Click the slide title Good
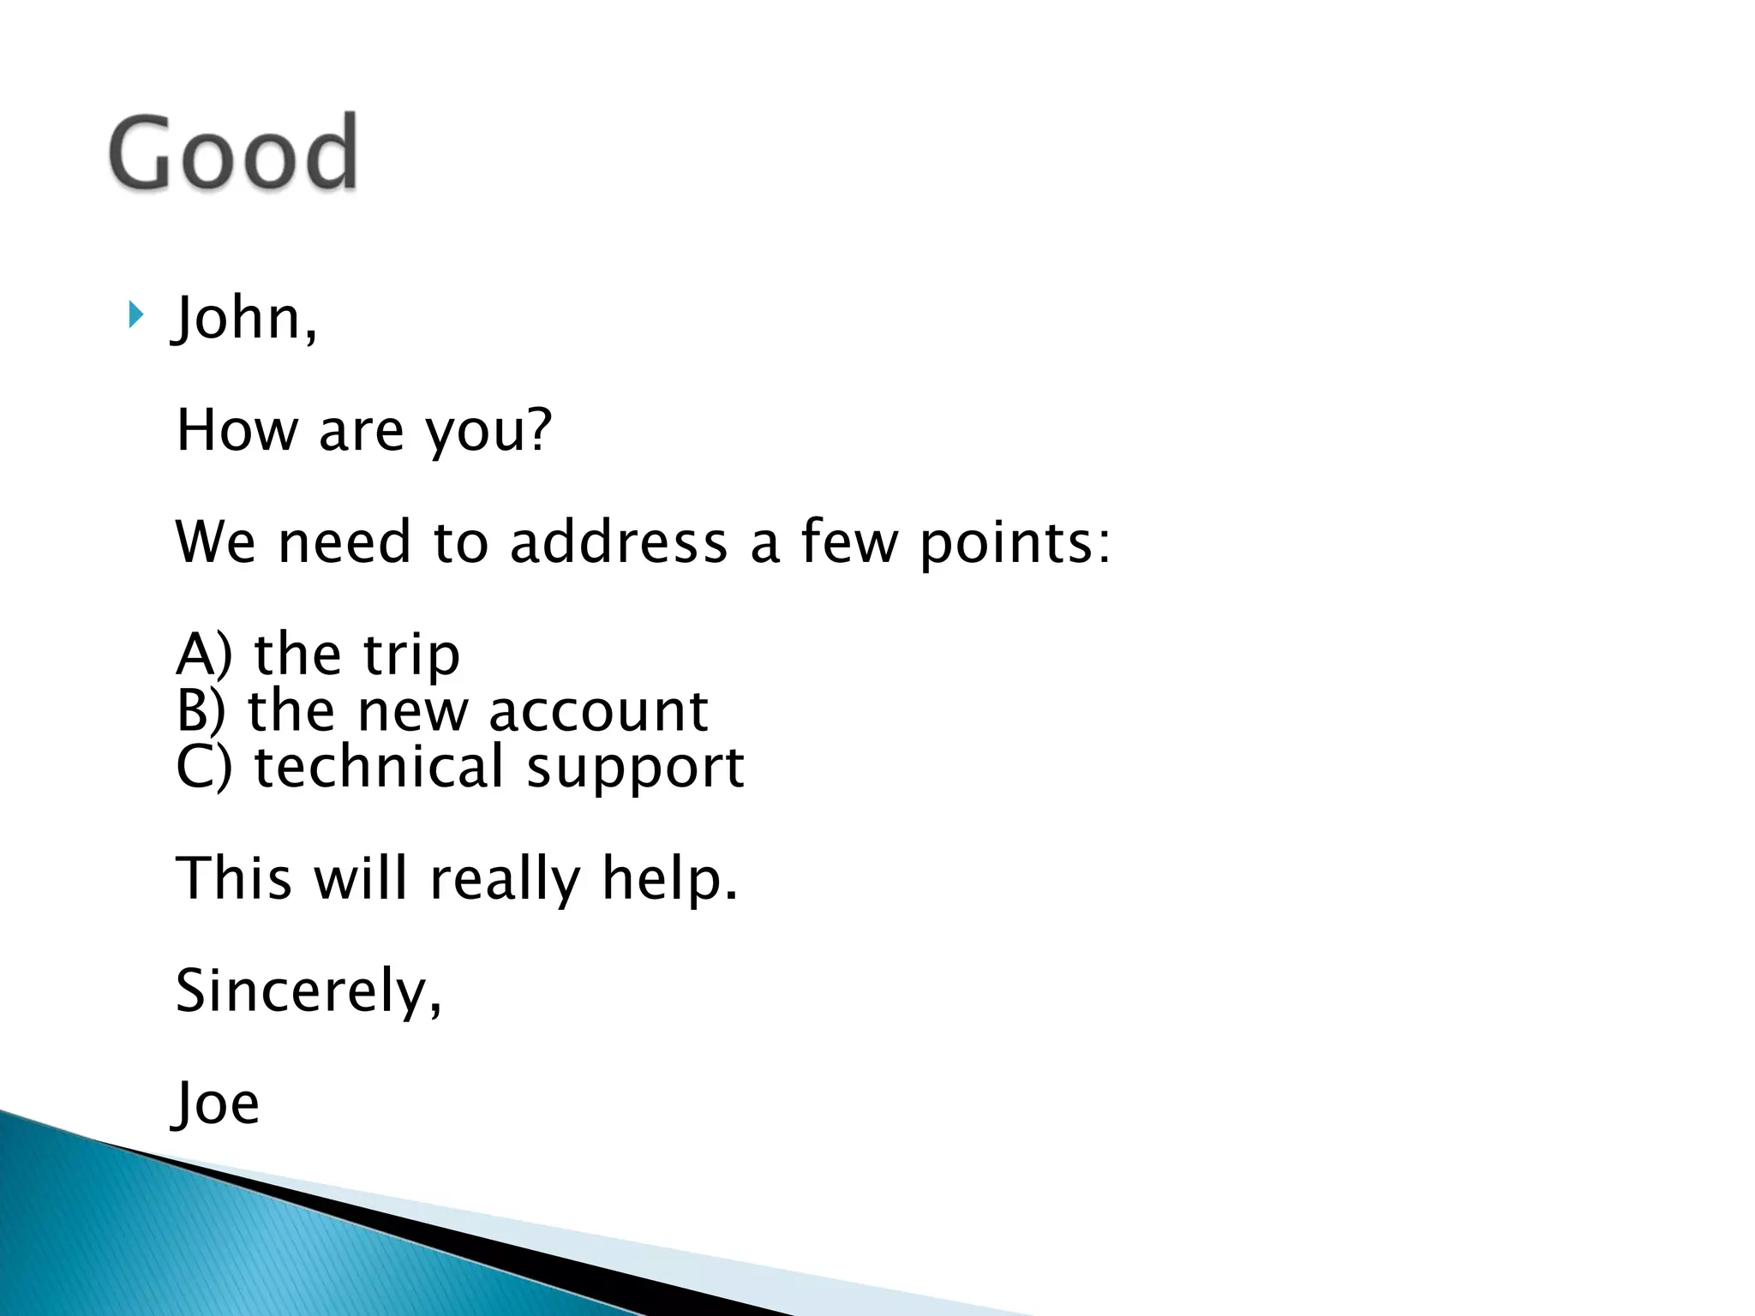[x=233, y=154]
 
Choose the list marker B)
[x=201, y=710]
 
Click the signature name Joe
[x=217, y=1104]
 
